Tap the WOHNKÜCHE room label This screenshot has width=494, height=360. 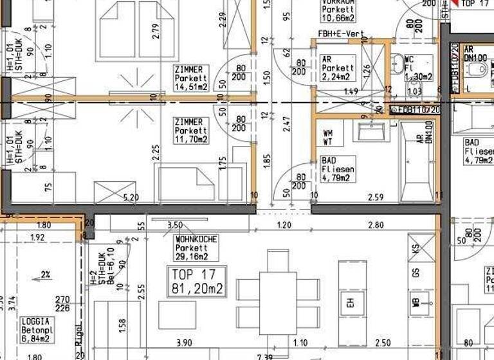pos(196,248)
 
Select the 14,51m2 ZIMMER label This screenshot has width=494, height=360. pos(191,78)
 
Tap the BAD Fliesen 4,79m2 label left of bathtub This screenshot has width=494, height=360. pos(336,169)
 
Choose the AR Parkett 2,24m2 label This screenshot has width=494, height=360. pos(337,67)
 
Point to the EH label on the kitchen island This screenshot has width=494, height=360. pos(351,301)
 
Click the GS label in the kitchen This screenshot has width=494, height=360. pos(416,273)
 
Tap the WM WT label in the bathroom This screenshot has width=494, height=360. pos(328,137)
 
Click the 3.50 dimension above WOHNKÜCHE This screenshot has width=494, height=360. pos(174,226)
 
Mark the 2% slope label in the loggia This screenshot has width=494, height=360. pos(45,274)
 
